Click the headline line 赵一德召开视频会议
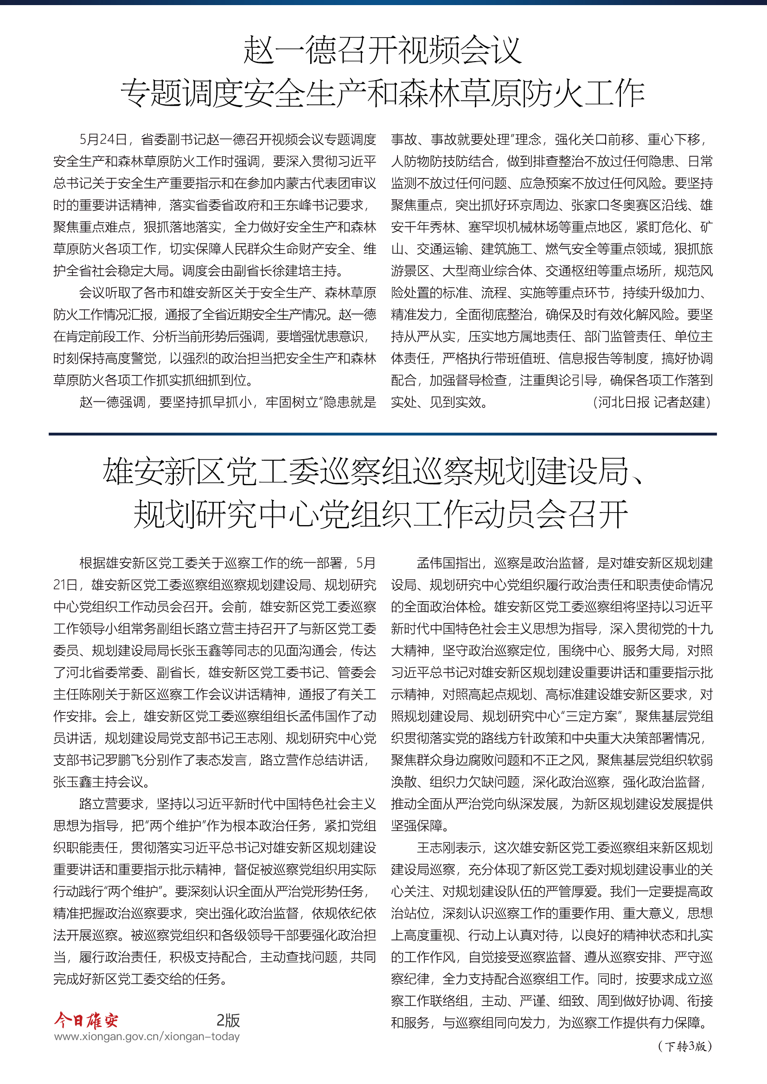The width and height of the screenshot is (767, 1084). tap(383, 50)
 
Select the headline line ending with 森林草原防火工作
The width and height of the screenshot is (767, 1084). tap(383, 93)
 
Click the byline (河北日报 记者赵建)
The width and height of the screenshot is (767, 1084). tap(652, 402)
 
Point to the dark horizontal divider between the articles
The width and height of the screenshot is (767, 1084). tap(383, 434)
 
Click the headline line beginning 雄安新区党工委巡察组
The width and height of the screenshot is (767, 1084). tap(373, 472)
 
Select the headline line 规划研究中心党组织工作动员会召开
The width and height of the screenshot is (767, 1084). tap(381, 514)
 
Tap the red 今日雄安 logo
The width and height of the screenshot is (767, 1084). tap(86, 1020)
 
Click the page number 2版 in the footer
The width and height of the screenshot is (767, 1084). tap(228, 1020)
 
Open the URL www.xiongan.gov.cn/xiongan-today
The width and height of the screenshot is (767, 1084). tap(147, 1036)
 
